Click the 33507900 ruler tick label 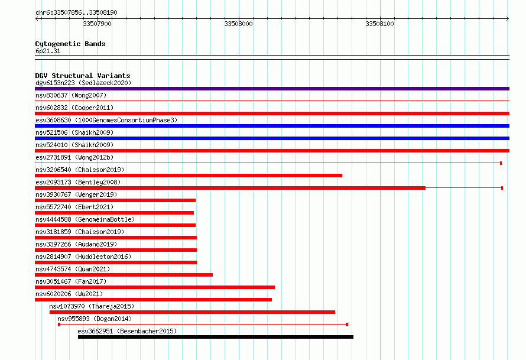click(x=98, y=24)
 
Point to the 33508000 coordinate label click(x=239, y=24)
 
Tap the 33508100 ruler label click(x=380, y=24)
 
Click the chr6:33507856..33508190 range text click(x=76, y=13)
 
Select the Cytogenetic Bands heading click(x=70, y=44)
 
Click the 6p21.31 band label click(x=48, y=51)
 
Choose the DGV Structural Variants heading click(x=83, y=76)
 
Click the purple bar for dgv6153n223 click(x=272, y=89)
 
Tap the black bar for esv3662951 click(x=216, y=337)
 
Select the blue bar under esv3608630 click(x=272, y=126)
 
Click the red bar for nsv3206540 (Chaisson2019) click(x=189, y=176)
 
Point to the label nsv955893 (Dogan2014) click(x=95, y=319)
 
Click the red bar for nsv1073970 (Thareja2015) click(x=192, y=312)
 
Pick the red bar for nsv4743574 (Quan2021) click(x=124, y=275)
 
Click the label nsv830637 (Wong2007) click(x=71, y=95)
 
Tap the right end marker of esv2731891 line click(x=501, y=163)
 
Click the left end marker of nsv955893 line click(x=59, y=325)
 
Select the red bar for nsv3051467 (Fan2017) click(x=155, y=287)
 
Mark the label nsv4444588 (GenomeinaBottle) click(x=85, y=219)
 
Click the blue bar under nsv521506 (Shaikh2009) click(x=272, y=138)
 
